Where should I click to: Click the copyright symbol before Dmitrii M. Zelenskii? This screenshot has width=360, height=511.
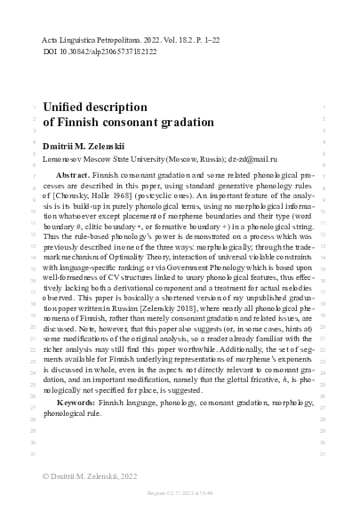pyautogui.click(x=47, y=477)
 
